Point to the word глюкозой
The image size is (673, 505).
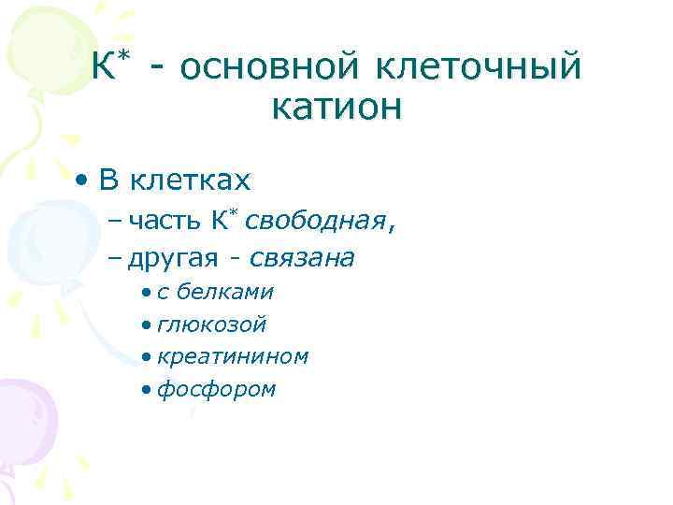(212, 325)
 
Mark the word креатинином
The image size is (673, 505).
(233, 356)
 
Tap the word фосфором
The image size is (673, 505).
(217, 389)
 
